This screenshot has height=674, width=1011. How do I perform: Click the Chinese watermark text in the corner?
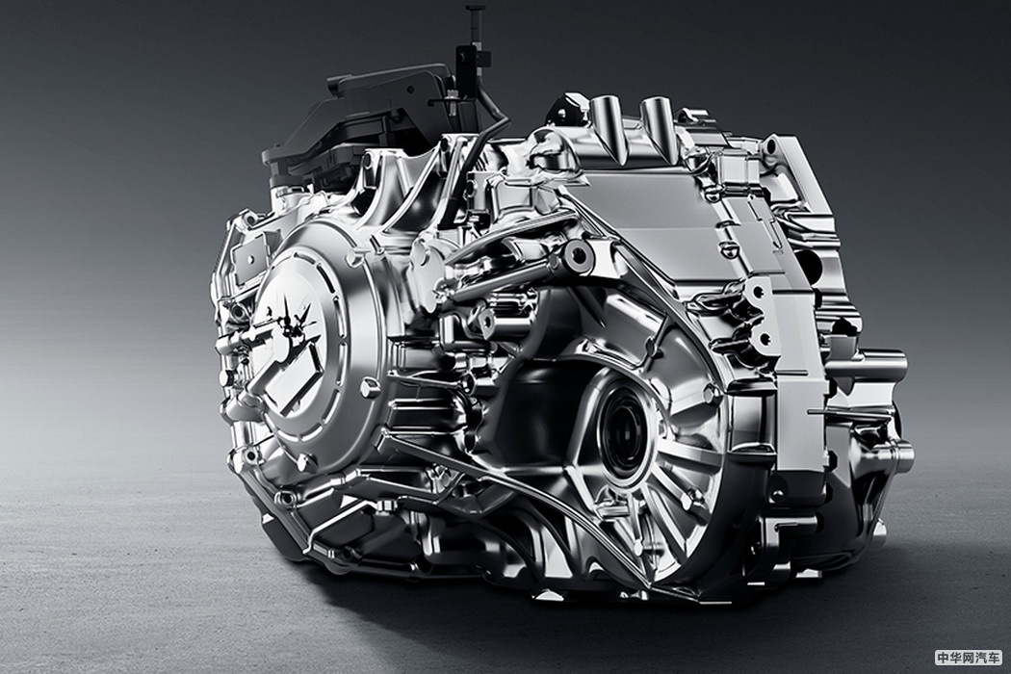click(x=969, y=658)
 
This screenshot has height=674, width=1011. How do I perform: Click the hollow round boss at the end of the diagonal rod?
click(x=578, y=253)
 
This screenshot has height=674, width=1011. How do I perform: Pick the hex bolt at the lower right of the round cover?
click(x=370, y=389)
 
